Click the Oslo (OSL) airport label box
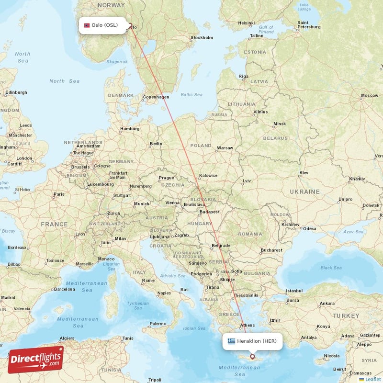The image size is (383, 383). (x=103, y=25)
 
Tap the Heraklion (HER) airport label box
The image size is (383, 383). (x=252, y=341)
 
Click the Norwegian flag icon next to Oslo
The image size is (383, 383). (x=87, y=25)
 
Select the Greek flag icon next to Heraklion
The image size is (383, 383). (x=232, y=341)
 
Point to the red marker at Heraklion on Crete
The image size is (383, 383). (x=252, y=357)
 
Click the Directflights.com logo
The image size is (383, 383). (x=36, y=360)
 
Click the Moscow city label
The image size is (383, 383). (x=369, y=95)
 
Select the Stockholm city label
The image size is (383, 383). (x=201, y=37)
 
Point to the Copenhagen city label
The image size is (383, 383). (x=156, y=97)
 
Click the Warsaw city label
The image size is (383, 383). (x=225, y=148)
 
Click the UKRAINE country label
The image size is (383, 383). (x=304, y=191)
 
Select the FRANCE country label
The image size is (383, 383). (x=54, y=224)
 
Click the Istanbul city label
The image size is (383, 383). (x=295, y=291)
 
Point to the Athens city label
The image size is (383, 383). (x=248, y=325)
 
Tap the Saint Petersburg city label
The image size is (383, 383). (x=309, y=25)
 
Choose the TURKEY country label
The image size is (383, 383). (x=346, y=316)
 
